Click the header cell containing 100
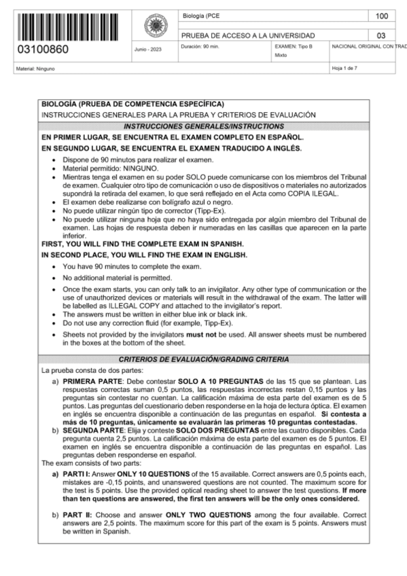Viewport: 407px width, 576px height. click(381, 15)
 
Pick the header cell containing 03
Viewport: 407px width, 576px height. click(381, 35)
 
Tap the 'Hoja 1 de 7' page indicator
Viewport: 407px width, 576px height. click(345, 69)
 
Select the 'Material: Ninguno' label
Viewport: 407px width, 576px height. click(37, 69)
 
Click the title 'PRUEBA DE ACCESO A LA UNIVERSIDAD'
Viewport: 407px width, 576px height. click(248, 35)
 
